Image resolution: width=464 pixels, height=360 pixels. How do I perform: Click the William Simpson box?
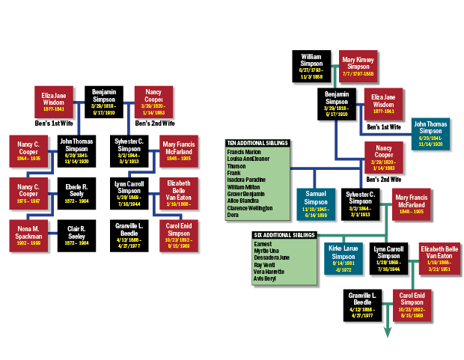[x=311, y=66]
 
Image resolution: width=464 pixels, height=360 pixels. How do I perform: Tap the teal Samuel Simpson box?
[x=316, y=204]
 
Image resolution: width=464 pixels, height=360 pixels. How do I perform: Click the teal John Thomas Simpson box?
[x=430, y=132]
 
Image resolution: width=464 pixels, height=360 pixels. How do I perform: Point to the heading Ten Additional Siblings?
[x=257, y=143]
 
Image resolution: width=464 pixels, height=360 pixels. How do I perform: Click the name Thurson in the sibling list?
[x=236, y=165]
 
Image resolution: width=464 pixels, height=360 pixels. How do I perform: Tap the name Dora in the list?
[x=233, y=215]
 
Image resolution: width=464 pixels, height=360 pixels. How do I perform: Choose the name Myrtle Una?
[x=266, y=251]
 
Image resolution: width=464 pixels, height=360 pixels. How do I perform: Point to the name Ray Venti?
[x=265, y=265]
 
